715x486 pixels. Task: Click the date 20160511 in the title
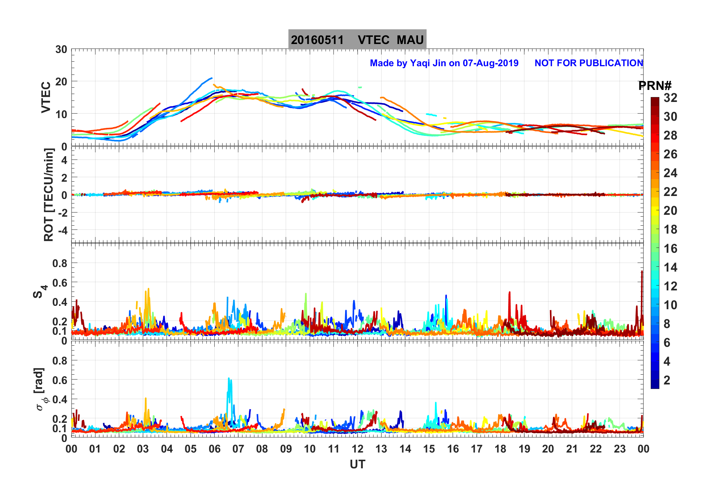tap(317, 40)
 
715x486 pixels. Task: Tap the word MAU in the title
tap(410, 40)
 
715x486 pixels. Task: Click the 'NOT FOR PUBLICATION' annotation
tap(589, 63)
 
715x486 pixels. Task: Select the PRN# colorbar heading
tap(655, 86)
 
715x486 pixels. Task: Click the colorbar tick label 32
tap(670, 98)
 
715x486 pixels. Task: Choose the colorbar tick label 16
tap(670, 249)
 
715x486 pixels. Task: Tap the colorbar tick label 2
tap(667, 380)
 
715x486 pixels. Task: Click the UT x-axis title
tap(357, 465)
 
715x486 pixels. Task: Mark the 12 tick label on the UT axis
tap(357, 449)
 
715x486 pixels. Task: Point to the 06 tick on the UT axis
tap(215, 449)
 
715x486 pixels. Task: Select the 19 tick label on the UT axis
tap(524, 449)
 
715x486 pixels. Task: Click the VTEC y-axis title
tap(46, 97)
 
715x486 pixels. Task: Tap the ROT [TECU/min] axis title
tap(49, 194)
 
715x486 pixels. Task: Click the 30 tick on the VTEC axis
tap(61, 50)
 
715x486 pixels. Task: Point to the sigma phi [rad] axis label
tap(41, 389)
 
